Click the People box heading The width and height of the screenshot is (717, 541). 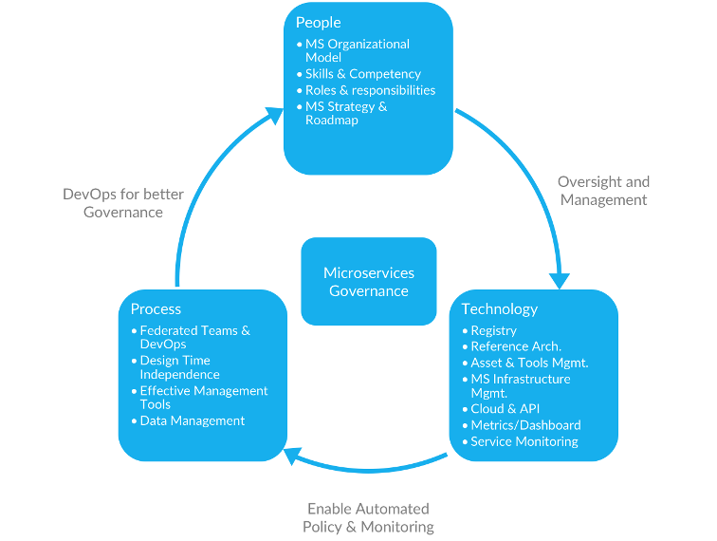pos(319,23)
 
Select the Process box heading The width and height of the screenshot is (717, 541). pos(156,308)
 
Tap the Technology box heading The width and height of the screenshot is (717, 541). pos(499,308)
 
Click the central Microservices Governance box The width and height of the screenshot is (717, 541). pos(369,282)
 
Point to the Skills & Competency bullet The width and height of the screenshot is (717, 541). pos(362,74)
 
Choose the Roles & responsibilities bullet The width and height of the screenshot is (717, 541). pos(370,90)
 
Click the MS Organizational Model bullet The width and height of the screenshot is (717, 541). pos(357,50)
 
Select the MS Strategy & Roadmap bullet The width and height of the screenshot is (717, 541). pos(345,113)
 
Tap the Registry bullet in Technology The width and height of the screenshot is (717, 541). pos(493,330)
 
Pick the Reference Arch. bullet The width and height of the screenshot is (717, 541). pos(516,346)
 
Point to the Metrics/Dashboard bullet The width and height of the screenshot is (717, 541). pos(525,425)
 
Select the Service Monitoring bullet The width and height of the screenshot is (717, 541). pos(524,441)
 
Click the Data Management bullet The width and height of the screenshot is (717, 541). pos(192,420)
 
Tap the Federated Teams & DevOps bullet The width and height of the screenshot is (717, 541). pos(194,337)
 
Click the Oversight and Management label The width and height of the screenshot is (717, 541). pos(604,191)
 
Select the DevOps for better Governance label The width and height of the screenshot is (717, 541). pos(123,203)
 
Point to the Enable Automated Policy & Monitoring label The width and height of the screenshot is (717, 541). pos(368,517)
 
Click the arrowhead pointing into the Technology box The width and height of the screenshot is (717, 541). pos(560,281)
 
